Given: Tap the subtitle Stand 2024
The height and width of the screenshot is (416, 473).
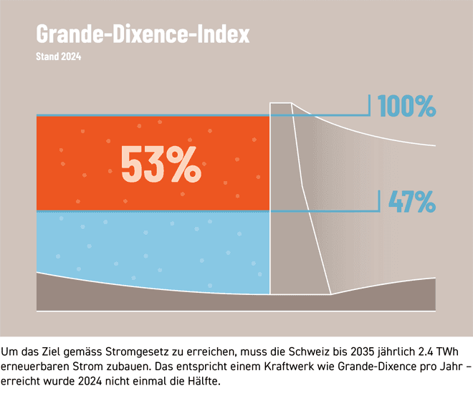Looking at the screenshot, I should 58,57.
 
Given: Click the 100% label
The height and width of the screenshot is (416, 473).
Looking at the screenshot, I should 406,107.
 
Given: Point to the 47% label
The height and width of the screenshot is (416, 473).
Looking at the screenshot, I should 411,202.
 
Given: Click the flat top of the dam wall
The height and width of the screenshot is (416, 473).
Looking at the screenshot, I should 280,104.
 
